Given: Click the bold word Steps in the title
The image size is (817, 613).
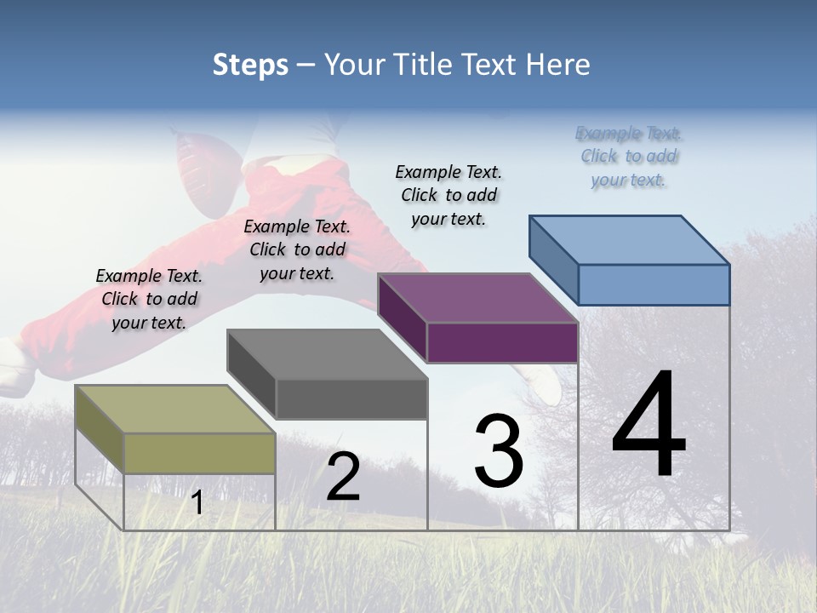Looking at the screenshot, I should coord(250,65).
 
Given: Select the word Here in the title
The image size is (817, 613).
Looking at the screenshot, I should coord(559,65).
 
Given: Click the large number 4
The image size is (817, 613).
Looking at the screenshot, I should coord(648,426).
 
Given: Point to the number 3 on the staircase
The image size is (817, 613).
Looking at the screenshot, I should coord(499,451).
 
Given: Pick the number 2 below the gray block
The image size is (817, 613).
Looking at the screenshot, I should coord(343,477).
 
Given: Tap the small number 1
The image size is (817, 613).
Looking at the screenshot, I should coord(197,503).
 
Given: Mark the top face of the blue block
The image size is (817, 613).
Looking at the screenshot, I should coord(630,240).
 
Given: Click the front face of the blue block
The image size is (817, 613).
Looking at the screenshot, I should coord(654,284).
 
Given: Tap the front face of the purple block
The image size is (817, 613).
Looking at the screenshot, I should coord(502,342).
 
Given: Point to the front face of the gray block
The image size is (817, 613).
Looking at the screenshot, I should coord(351,398).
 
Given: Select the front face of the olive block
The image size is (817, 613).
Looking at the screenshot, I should coord(199,453).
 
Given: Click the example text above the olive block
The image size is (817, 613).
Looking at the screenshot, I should coord(149,299).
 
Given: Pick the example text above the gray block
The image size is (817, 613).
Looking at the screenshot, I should coord(297,249).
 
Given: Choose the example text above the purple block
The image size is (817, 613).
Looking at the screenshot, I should coord(448,195).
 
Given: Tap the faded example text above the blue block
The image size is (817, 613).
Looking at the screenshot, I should coord(629,157).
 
